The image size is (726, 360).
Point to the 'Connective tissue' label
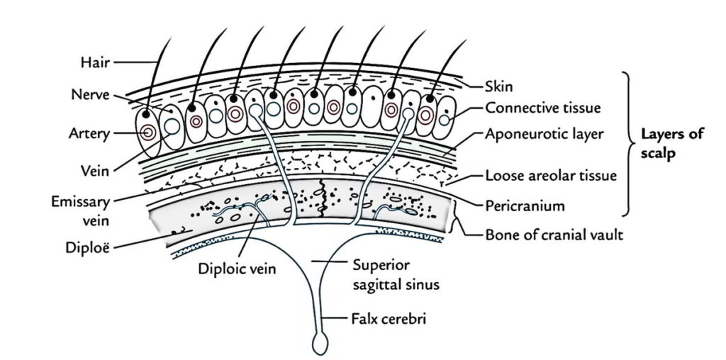pyautogui.click(x=543, y=108)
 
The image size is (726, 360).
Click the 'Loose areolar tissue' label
pyautogui.click(x=551, y=175)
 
